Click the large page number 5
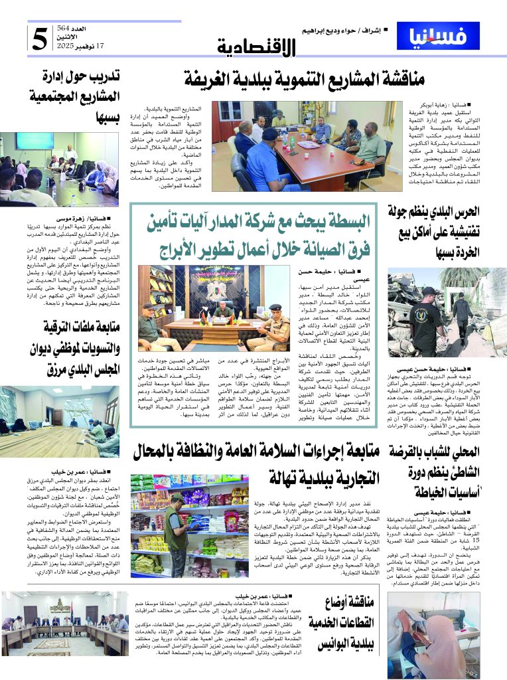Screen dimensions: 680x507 (39, 38)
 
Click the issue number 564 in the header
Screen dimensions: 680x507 (82, 28)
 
